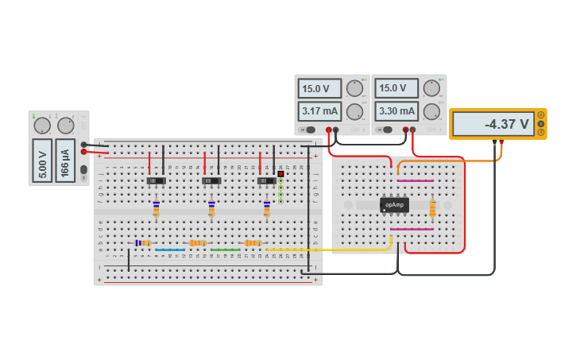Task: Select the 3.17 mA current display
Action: (319, 111)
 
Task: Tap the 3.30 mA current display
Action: (396, 111)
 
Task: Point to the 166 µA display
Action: (65, 160)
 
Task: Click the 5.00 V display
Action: (42, 160)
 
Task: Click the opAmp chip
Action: (394, 204)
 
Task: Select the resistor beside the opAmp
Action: (432, 208)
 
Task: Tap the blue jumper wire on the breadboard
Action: (170, 250)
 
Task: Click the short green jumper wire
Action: (226, 250)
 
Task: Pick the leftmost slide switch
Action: (157, 181)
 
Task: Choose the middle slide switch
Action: (211, 181)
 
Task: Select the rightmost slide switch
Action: (266, 181)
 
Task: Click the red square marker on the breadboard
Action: (280, 173)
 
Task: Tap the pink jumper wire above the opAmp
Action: (415, 180)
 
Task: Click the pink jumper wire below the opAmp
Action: (412, 230)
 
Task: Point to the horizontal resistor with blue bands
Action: (143, 242)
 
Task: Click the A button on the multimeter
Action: (541, 115)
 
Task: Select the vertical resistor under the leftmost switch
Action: (157, 208)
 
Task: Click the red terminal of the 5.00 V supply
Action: (83, 151)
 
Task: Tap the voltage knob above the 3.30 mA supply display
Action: (431, 87)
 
